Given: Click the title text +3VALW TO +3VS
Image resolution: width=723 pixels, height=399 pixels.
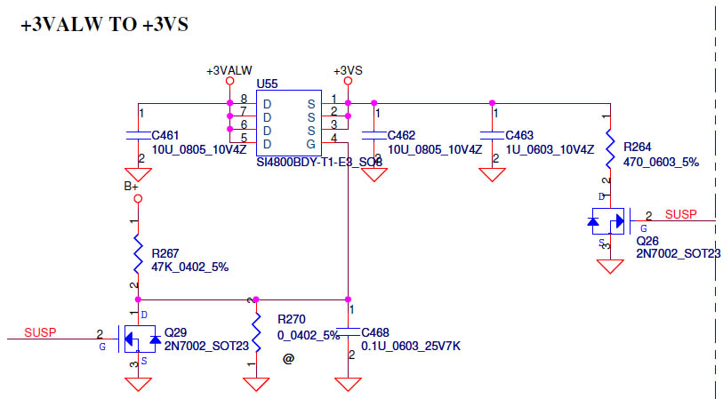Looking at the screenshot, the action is tap(105, 24).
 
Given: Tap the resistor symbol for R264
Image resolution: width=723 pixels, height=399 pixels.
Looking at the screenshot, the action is tap(610, 148).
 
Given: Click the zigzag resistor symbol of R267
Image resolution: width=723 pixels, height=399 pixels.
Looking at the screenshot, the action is tap(138, 254).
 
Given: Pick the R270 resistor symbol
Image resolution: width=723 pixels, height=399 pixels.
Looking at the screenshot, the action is tap(256, 332).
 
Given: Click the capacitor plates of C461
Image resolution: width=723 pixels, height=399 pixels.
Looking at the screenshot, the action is tap(138, 135).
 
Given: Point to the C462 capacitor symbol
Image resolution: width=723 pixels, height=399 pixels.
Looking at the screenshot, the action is tap(374, 135).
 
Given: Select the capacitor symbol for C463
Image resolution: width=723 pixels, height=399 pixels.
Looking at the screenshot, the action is tap(492, 135).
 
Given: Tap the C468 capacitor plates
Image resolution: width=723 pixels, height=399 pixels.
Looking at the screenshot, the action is tap(348, 332).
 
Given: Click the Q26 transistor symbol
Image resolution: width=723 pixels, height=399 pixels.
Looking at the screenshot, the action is tap(608, 221).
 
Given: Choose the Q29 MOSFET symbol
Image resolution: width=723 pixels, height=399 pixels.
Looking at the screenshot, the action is tap(140, 339).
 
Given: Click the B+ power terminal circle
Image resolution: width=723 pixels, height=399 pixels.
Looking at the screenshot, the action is tap(138, 198).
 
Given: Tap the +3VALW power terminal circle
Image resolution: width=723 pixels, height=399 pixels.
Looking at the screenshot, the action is tap(229, 81).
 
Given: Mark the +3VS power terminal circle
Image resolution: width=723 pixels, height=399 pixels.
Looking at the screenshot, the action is tap(348, 81).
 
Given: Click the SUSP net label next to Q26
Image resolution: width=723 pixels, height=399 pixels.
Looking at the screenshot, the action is tap(680, 214).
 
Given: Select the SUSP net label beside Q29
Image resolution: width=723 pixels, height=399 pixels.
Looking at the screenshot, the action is tap(40, 332).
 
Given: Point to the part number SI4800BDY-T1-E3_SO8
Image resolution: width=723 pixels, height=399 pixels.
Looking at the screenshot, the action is tap(319, 163).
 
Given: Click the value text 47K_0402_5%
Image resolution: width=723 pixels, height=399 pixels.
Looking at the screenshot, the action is tap(190, 267).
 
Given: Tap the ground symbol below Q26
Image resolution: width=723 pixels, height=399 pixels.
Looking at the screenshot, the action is tap(610, 267).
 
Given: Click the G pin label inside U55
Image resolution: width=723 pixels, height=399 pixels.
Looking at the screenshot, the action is tap(311, 144).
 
